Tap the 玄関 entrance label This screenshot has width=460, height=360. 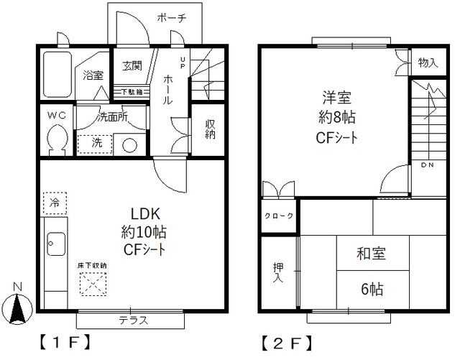tap(132, 65)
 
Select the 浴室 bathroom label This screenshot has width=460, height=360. tap(93, 75)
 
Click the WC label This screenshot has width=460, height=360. tap(56, 115)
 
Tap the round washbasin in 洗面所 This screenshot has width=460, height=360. tap(129, 144)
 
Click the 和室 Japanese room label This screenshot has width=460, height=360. tap(371, 254)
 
